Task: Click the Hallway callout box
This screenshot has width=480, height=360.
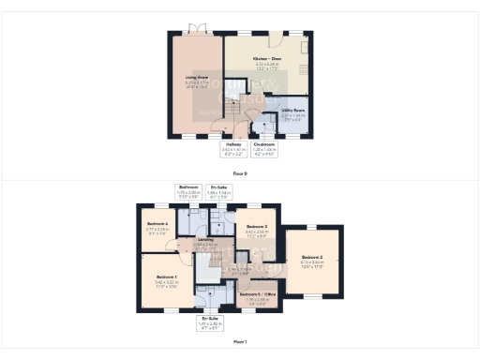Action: pyautogui.click(x=233, y=147)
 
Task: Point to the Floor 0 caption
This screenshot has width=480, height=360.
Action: pyautogui.click(x=240, y=173)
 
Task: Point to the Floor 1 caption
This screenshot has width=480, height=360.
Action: pyautogui.click(x=240, y=341)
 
